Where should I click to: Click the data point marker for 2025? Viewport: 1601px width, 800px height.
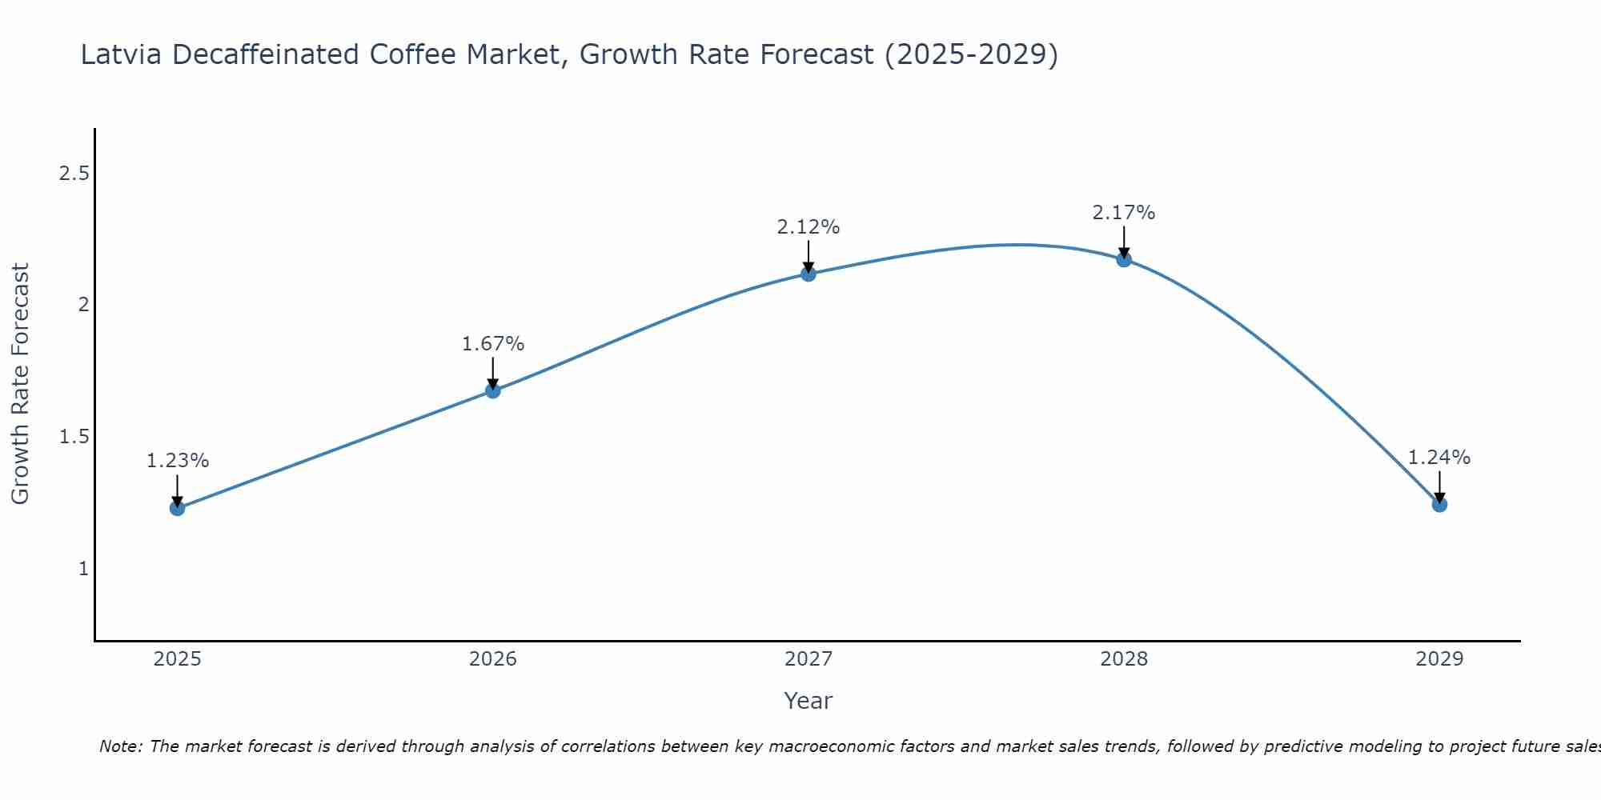tap(178, 508)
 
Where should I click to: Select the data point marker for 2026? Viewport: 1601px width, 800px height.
tap(493, 390)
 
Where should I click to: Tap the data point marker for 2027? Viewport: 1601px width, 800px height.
tap(809, 274)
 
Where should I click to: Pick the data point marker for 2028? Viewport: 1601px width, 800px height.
tap(1124, 259)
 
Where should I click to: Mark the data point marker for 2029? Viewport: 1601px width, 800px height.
tap(1439, 505)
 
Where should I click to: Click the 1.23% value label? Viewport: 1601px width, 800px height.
tap(178, 461)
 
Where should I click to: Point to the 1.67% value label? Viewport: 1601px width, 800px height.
tap(493, 344)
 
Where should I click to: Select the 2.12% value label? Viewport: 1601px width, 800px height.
tap(809, 227)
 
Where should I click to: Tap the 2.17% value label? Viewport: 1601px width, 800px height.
tap(1124, 213)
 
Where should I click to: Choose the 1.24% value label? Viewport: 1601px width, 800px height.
tap(1439, 458)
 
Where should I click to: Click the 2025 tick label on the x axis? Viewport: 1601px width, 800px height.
tap(178, 659)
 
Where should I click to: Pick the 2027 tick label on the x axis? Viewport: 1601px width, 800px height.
tap(809, 659)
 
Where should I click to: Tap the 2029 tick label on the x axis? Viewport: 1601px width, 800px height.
tap(1439, 659)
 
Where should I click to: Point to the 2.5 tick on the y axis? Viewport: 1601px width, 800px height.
tap(74, 173)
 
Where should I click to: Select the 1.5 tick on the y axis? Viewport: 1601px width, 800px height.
tap(74, 437)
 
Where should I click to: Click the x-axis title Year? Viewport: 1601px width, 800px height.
tap(809, 701)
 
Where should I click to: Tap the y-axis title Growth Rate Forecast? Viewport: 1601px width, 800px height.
tap(21, 384)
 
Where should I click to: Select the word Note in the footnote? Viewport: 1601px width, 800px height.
tap(120, 746)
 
